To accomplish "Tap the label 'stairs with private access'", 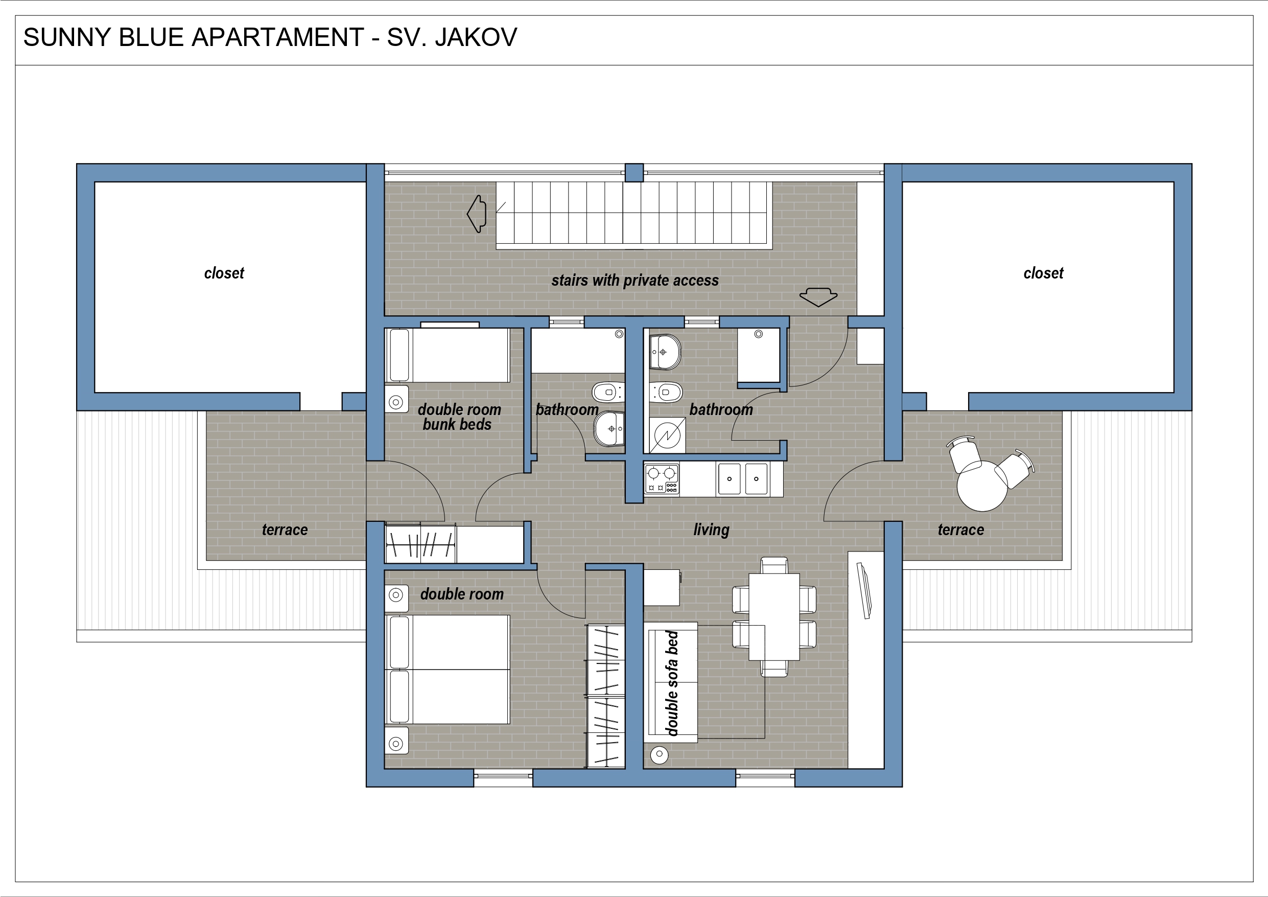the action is [x=635, y=280].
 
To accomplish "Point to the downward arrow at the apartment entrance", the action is [x=818, y=297].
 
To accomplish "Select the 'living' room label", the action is [x=711, y=530].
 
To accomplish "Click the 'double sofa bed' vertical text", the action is [x=672, y=683].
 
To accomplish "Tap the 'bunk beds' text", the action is [x=457, y=424].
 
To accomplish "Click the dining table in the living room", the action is [x=774, y=617].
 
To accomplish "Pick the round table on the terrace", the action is [x=982, y=486].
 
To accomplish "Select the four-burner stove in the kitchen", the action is [x=662, y=478].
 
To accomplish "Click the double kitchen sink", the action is [x=743, y=478].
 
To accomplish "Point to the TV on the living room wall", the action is [x=864, y=590].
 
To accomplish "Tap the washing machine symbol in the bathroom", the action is [x=667, y=435].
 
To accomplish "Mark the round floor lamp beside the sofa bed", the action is [x=660, y=754].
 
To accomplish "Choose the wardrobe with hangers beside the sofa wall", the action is [x=606, y=696].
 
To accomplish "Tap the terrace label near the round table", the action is [x=961, y=530].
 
